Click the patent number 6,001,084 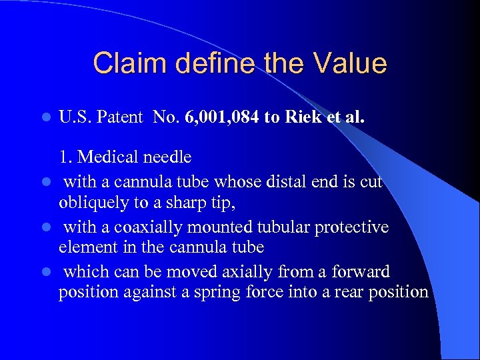[217, 118]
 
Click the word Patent [119, 118]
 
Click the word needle [168, 157]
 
